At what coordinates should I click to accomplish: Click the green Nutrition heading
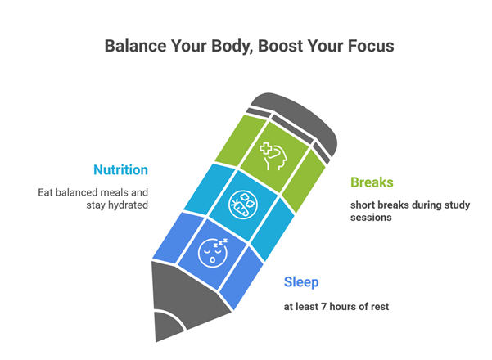[120, 170]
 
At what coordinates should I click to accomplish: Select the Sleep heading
[301, 282]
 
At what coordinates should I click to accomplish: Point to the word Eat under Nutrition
[47, 193]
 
